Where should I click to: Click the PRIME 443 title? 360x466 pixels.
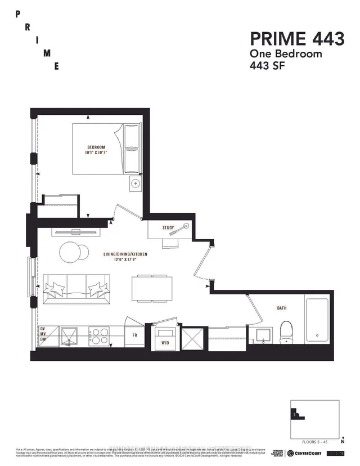pos(297,39)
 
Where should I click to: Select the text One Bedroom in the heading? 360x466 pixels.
pos(285,54)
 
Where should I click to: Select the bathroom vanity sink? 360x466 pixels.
pos(264,335)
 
